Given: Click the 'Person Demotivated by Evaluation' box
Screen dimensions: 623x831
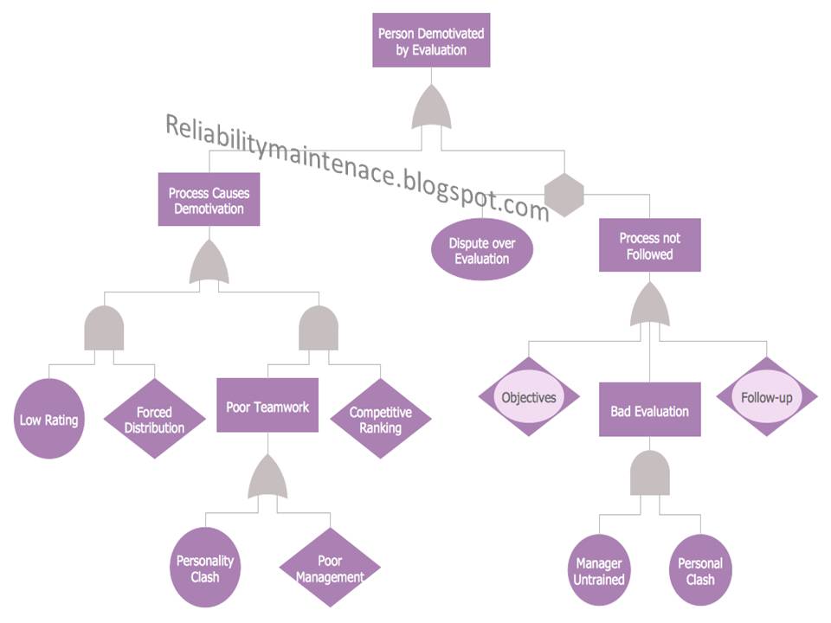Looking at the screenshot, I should click(431, 41).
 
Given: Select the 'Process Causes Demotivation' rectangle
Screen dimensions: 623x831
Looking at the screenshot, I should click(209, 201).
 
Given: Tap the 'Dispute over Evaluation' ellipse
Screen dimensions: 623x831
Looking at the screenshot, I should click(481, 251).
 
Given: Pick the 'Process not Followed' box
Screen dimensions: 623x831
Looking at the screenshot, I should click(649, 246).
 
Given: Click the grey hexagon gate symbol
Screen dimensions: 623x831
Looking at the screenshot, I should click(564, 194).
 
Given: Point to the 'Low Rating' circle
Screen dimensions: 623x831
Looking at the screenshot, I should click(49, 420).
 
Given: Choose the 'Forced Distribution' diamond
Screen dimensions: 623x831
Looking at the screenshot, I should click(154, 420).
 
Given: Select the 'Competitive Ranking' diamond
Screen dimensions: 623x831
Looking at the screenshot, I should click(380, 419).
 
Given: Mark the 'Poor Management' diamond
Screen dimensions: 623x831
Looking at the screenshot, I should click(330, 568).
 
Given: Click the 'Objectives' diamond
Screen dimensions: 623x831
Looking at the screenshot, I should click(529, 397).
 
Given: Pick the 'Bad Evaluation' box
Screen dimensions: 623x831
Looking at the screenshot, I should click(649, 410).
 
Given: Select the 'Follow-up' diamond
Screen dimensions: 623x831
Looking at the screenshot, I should click(767, 397).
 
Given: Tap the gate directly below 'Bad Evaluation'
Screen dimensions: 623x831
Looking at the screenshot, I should click(649, 472).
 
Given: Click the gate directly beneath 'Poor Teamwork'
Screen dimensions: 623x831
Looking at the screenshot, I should click(267, 478).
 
